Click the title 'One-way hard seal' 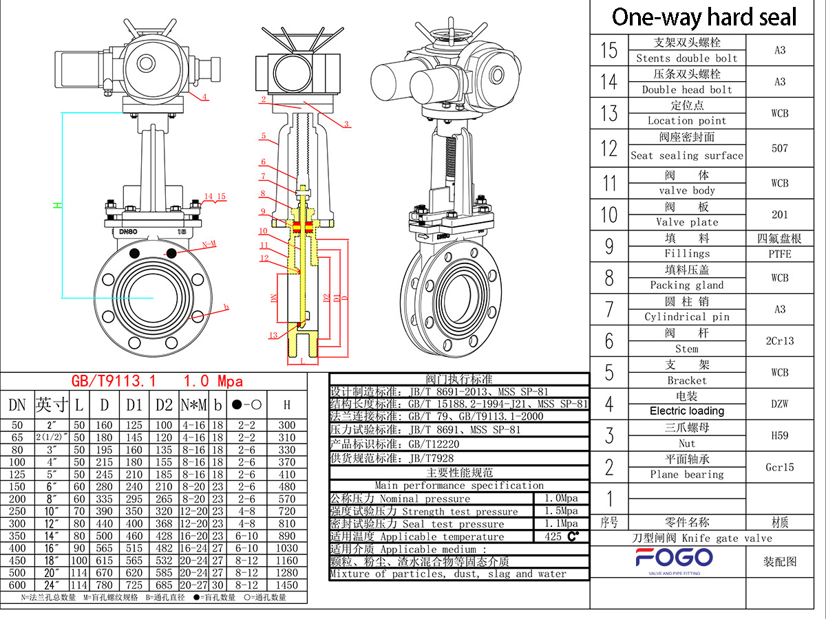tap(703, 17)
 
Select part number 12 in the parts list tap(609, 147)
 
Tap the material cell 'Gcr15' tap(779, 467)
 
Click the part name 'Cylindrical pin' tap(686, 316)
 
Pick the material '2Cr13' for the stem tap(779, 340)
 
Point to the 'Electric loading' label tap(686, 411)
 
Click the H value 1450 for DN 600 tap(286, 585)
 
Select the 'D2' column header tap(164, 405)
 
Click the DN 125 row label tap(17, 474)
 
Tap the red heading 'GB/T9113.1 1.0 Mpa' tap(158, 381)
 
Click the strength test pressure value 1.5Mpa tap(561, 511)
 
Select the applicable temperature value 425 tap(554, 536)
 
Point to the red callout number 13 tap(273, 335)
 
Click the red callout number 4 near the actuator tap(204, 97)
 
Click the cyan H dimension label tap(59, 205)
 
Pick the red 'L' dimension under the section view tap(301, 360)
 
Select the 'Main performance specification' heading tap(459, 486)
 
